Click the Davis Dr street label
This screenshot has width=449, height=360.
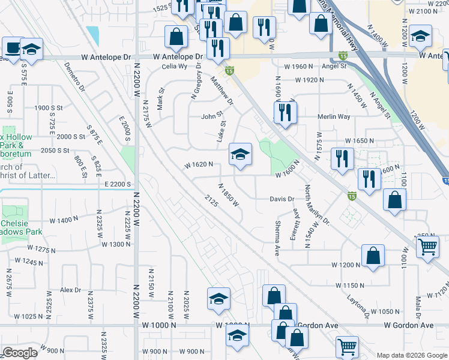tap(282, 199)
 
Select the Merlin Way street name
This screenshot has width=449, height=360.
tap(334, 117)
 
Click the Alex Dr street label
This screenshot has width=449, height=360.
tap(70, 290)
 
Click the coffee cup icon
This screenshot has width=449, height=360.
tap(11, 48)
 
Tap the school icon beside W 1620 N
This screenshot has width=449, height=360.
tap(240, 156)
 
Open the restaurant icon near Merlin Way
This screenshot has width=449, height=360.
tap(285, 112)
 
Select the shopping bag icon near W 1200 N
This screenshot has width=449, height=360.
tap(373, 255)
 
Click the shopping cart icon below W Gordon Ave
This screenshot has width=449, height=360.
tap(346, 347)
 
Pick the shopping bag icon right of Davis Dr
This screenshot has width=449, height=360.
tap(394, 200)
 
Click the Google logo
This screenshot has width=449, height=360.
tap(20, 353)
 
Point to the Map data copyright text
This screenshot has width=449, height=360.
tap(411, 355)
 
